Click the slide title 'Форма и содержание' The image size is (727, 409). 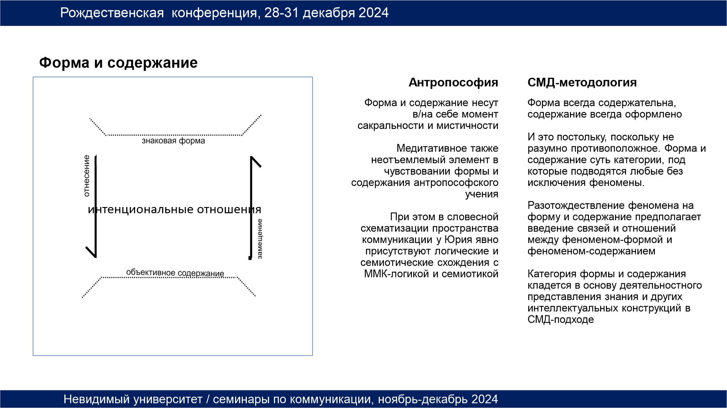tap(118, 63)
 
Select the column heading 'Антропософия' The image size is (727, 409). tap(453, 82)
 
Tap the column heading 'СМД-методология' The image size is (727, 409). tap(582, 82)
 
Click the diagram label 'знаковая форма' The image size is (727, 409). tap(174, 141)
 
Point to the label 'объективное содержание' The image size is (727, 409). tap(175, 273)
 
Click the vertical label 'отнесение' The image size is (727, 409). tap(86, 176)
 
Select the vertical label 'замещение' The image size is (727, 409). tap(260, 239)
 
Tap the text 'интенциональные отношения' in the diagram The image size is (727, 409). tap(174, 209)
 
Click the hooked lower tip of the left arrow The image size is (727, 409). tap(86, 247)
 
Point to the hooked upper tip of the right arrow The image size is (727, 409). tap(261, 167)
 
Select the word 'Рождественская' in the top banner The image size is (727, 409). tap(112, 13)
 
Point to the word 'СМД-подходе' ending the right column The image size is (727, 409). tap(561, 320)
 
